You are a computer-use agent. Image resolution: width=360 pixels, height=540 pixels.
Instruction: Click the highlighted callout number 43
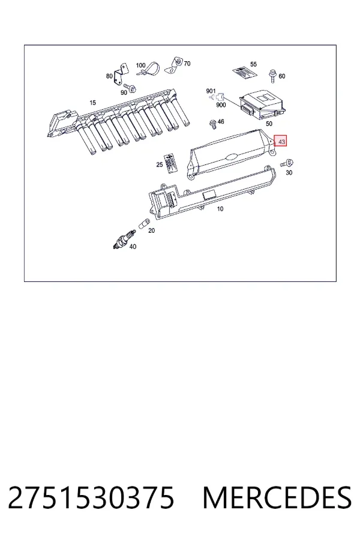tap(280, 142)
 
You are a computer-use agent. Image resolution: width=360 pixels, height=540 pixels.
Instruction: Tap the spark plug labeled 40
tap(124, 239)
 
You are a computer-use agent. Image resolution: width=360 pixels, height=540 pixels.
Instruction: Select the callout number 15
tap(92, 103)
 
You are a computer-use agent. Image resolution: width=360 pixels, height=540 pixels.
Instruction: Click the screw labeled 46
tap(212, 124)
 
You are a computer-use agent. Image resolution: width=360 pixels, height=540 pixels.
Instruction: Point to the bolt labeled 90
tap(130, 87)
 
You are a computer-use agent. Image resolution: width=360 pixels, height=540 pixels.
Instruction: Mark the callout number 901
tap(211, 91)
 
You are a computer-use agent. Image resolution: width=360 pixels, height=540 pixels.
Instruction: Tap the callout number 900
tap(221, 104)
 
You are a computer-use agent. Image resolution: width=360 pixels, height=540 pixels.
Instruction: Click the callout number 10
tap(220, 209)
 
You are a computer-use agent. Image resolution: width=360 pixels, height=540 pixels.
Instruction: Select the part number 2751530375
tap(91, 497)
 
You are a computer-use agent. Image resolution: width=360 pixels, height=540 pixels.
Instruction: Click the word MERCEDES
tap(277, 497)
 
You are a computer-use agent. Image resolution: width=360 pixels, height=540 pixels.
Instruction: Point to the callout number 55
tap(254, 64)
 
